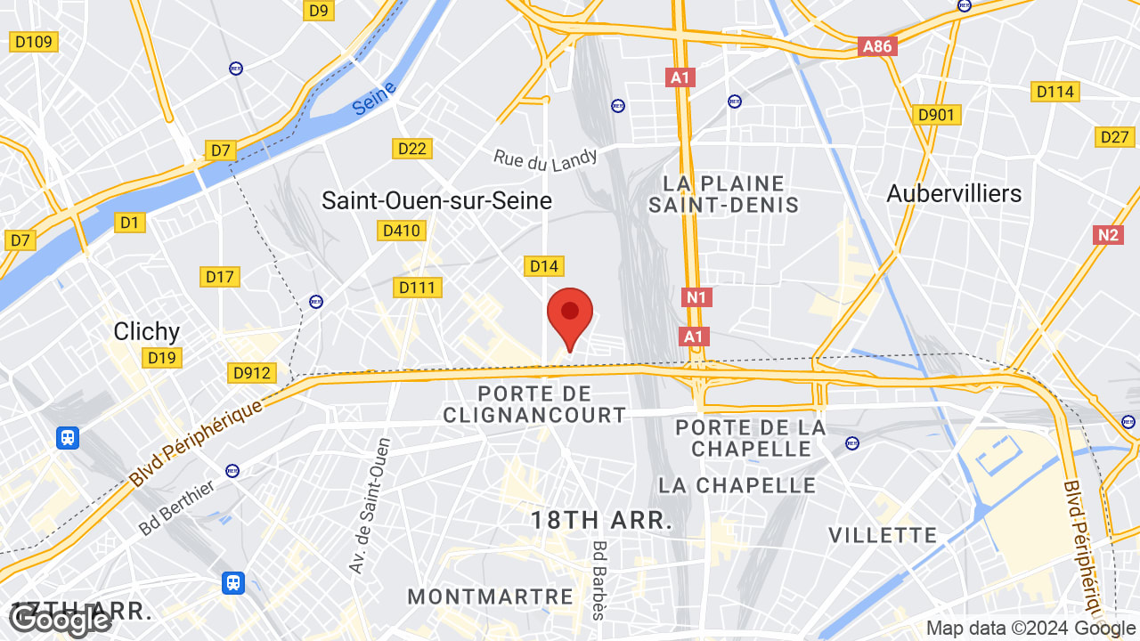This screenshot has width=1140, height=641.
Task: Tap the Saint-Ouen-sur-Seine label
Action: coord(436,201)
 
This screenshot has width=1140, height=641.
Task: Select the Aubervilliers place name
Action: coord(954,193)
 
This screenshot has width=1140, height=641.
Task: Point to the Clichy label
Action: coord(147,332)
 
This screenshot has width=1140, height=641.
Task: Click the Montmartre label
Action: coord(490,596)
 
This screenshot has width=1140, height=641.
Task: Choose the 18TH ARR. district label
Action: coord(602,521)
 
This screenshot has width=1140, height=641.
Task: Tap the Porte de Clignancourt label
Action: coord(534,404)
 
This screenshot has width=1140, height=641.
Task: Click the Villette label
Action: coord(883,535)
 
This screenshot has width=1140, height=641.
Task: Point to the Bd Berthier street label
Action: coord(176,507)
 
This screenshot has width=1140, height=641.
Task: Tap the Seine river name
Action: coord(374,99)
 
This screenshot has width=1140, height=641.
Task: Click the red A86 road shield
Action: coord(877,46)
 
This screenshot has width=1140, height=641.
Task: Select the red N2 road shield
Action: coord(1107,235)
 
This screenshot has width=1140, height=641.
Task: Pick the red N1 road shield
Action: coord(696,297)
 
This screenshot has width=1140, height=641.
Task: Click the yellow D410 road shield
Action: coord(401,231)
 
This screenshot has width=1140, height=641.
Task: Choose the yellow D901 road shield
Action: coord(937,115)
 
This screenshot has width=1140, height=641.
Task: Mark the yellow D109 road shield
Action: coord(34,42)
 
